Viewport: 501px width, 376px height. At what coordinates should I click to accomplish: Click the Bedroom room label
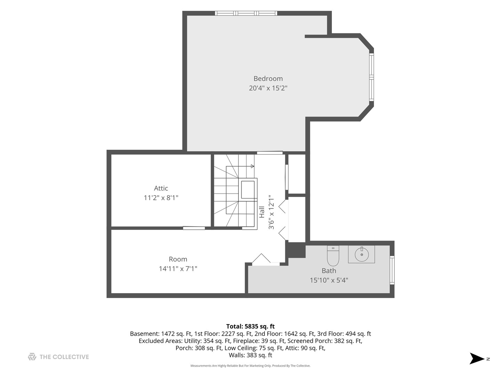pyautogui.click(x=268, y=79)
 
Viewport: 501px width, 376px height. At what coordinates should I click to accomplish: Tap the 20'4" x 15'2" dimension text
pyautogui.click(x=268, y=88)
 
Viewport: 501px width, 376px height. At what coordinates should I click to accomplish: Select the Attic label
pyautogui.click(x=161, y=188)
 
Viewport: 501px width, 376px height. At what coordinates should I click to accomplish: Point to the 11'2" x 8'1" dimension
pyautogui.click(x=161, y=198)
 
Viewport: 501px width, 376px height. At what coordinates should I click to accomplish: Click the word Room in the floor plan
pyautogui.click(x=178, y=259)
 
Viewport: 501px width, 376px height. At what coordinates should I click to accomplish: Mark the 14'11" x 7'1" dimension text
pyautogui.click(x=178, y=269)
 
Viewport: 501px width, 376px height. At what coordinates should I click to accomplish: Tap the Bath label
pyautogui.click(x=329, y=271)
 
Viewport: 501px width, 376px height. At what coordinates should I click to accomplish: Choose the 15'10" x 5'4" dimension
pyautogui.click(x=329, y=280)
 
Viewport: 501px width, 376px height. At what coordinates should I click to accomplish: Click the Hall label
pyautogui.click(x=262, y=212)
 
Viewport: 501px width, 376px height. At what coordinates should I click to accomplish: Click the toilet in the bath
pyautogui.click(x=333, y=256)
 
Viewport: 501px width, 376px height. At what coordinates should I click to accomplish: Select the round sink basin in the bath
pyautogui.click(x=361, y=254)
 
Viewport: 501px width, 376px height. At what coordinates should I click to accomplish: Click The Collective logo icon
pyautogui.click(x=32, y=357)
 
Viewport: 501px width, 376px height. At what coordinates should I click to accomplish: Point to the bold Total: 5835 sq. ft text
pyautogui.click(x=250, y=326)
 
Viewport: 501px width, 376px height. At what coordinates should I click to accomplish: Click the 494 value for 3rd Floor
pyautogui.click(x=350, y=334)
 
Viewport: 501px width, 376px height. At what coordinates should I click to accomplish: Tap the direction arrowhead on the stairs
pyautogui.click(x=253, y=166)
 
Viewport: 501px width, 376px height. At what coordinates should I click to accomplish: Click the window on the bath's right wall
pyautogui.click(x=392, y=270)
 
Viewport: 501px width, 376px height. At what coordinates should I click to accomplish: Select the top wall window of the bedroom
pyautogui.click(x=246, y=13)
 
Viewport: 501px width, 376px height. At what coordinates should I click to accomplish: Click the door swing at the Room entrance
pyautogui.click(x=262, y=259)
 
